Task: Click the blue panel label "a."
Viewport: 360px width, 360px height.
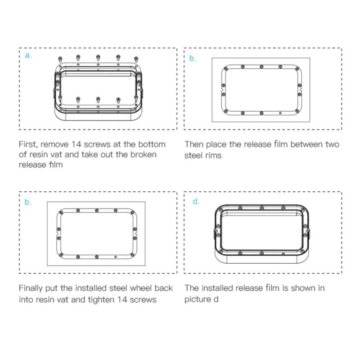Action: (x=28, y=55)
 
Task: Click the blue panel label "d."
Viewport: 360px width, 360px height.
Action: (x=196, y=201)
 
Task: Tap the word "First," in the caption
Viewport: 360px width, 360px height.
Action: (x=28, y=144)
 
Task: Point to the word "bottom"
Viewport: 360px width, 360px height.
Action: (x=152, y=144)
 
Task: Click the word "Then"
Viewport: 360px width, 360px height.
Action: (x=194, y=144)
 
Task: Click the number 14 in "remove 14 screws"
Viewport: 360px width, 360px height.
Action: (x=76, y=144)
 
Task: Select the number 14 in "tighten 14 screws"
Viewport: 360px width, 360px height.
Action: (x=121, y=299)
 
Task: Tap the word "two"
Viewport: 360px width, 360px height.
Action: (x=332, y=144)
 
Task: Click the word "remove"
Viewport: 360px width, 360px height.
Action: (x=54, y=144)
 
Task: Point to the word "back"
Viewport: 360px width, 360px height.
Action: (x=164, y=288)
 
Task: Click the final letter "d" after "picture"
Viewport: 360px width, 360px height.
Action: (x=216, y=299)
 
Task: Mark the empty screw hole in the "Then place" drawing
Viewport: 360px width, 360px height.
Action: (x=280, y=113)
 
